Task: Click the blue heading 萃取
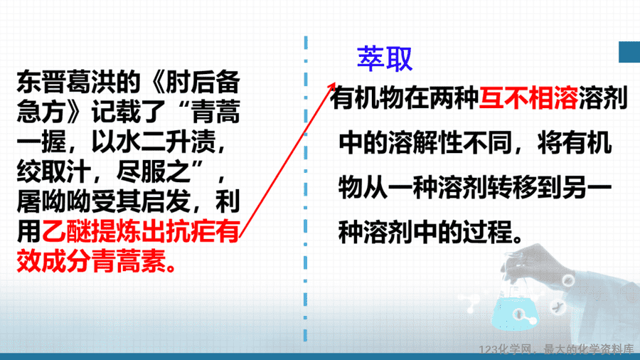coord(385,59)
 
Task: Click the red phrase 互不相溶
coord(528,98)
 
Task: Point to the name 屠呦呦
coord(54,201)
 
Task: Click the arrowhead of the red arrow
coord(332,87)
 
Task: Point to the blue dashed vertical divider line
coord(306,189)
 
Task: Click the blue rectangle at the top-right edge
coord(629,52)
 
